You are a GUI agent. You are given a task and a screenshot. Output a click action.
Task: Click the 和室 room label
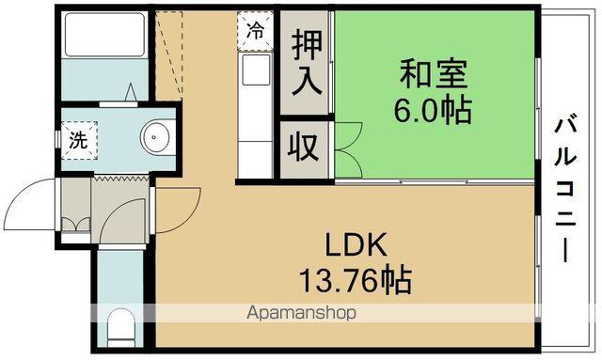(433, 74)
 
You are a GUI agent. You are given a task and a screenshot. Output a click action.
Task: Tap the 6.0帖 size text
(433, 110)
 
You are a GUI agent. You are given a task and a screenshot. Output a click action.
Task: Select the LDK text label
(356, 245)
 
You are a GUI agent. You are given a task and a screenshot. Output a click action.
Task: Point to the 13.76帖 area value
(356, 280)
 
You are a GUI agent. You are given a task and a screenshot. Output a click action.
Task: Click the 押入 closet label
(306, 61)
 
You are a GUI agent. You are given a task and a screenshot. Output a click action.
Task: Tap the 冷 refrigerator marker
(255, 29)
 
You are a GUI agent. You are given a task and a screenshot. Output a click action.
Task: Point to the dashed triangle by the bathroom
(169, 47)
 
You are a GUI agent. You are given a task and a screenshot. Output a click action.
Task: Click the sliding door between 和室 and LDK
(433, 180)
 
